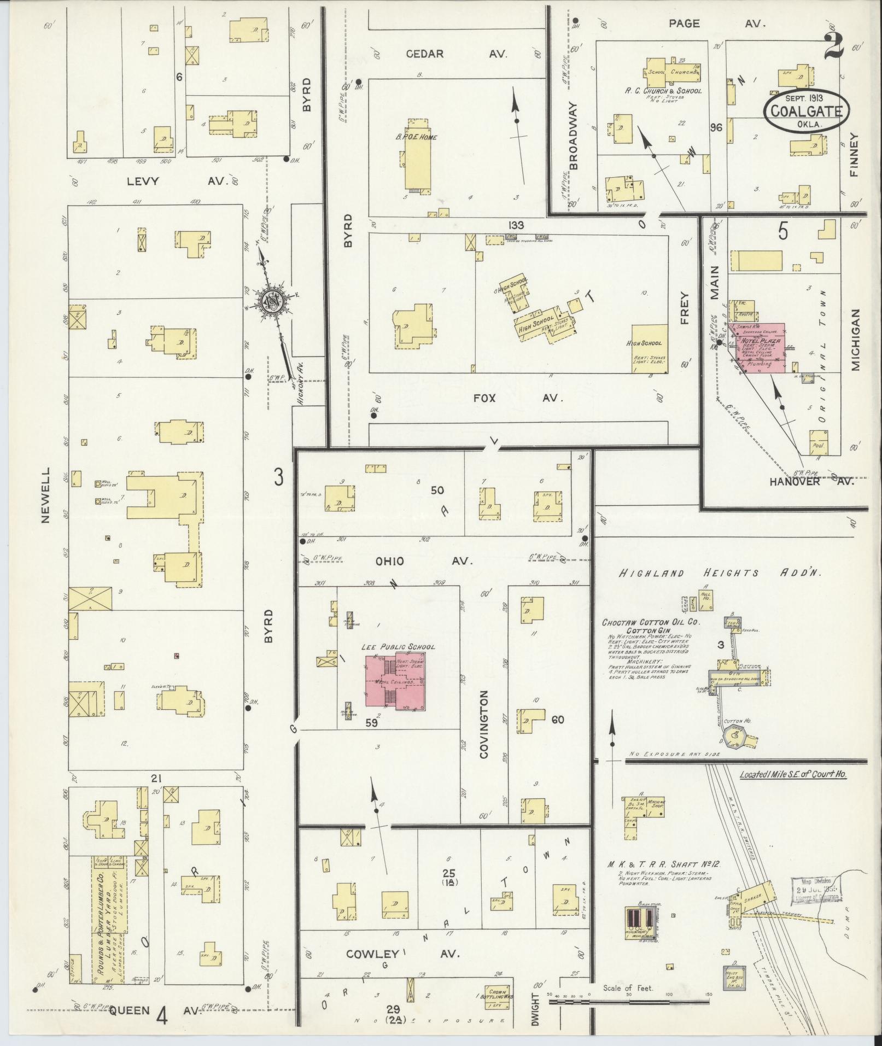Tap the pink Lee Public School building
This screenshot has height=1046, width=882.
click(x=396, y=681)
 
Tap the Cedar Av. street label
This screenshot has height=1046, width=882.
click(x=457, y=54)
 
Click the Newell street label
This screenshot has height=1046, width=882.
click(x=45, y=494)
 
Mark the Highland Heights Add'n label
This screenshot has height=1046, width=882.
click(x=721, y=573)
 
